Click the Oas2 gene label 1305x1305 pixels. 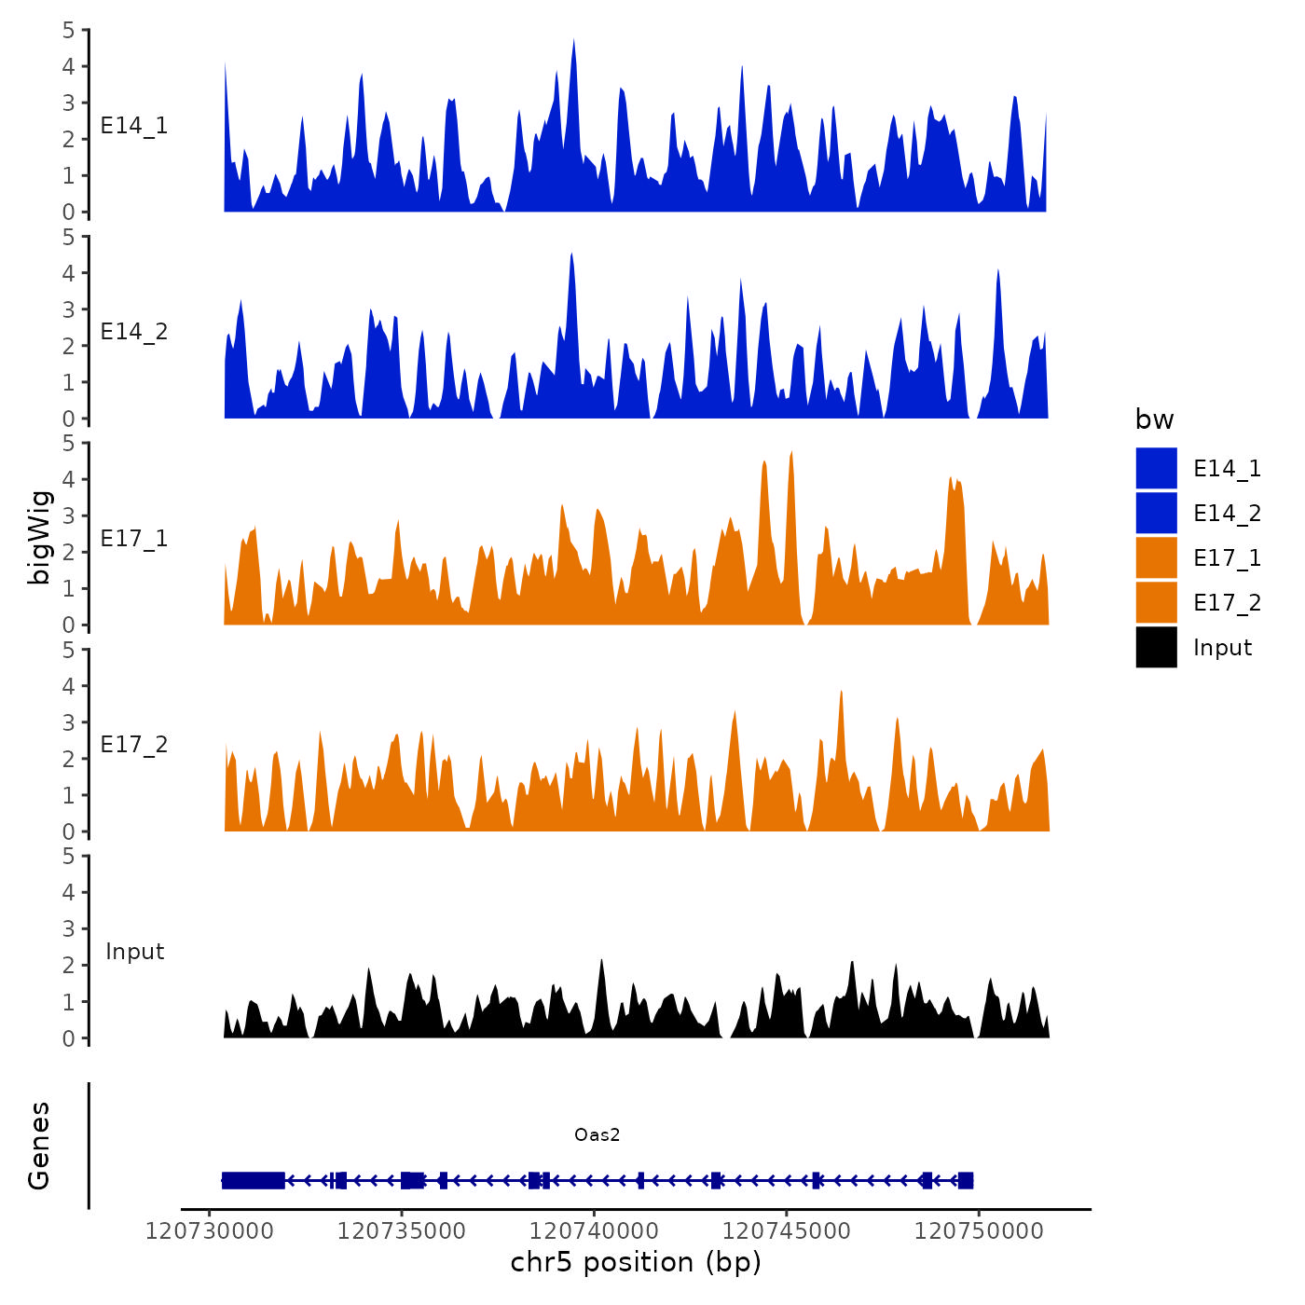pyautogui.click(x=597, y=1134)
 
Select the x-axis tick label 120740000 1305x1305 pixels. pyautogui.click(x=594, y=1230)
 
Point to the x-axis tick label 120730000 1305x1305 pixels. pyautogui.click(x=210, y=1230)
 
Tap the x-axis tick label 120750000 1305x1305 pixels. pyautogui.click(x=979, y=1230)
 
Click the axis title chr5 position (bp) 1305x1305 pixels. pyautogui.click(x=636, y=1262)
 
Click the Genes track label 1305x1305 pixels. pyautogui.click(x=39, y=1146)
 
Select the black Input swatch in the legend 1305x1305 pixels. pyautogui.click(x=1156, y=647)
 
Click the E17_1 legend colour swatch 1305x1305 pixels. pyautogui.click(x=1156, y=557)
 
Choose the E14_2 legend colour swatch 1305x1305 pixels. pyautogui.click(x=1156, y=513)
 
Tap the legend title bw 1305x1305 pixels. pyautogui.click(x=1154, y=419)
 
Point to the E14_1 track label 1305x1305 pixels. pyautogui.click(x=134, y=126)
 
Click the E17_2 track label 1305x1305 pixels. pyautogui.click(x=134, y=745)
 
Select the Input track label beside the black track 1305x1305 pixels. pyautogui.click(x=134, y=952)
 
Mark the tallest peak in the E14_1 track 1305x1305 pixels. pyautogui.click(x=573, y=42)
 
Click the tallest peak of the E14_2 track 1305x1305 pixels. pyautogui.click(x=570, y=255)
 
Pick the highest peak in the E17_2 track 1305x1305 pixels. pyautogui.click(x=841, y=694)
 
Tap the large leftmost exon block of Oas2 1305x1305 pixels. pyautogui.click(x=253, y=1180)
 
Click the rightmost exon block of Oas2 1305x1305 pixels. pyautogui.click(x=965, y=1180)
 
